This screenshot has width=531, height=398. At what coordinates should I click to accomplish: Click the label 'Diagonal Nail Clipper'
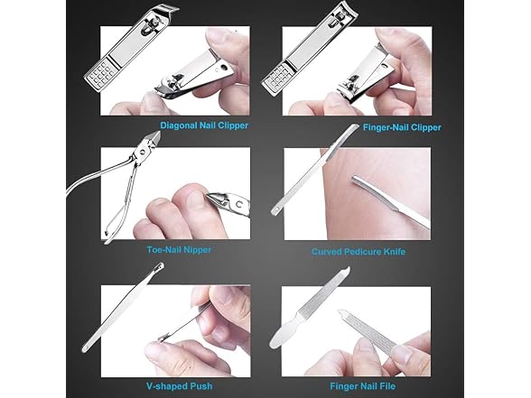tap(204, 125)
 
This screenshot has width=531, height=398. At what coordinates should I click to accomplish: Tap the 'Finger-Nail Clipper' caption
tap(402, 127)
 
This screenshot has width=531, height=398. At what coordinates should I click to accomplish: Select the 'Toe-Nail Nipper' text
tap(179, 250)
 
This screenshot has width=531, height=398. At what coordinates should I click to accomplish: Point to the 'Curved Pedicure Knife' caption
tap(359, 252)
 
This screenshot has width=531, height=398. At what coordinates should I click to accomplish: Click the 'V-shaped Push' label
tap(180, 386)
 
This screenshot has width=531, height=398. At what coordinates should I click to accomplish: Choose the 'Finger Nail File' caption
tap(363, 386)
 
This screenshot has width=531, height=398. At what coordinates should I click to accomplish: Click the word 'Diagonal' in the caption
tap(178, 125)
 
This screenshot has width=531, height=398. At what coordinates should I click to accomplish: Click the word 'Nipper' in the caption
tap(198, 250)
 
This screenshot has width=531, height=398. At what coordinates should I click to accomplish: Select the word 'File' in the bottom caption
tap(387, 386)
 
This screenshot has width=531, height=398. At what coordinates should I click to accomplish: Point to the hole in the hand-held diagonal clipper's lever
tap(223, 67)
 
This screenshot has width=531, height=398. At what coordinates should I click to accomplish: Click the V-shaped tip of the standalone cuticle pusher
tap(160, 266)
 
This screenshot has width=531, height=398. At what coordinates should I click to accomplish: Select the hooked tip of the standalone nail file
tap(346, 271)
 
